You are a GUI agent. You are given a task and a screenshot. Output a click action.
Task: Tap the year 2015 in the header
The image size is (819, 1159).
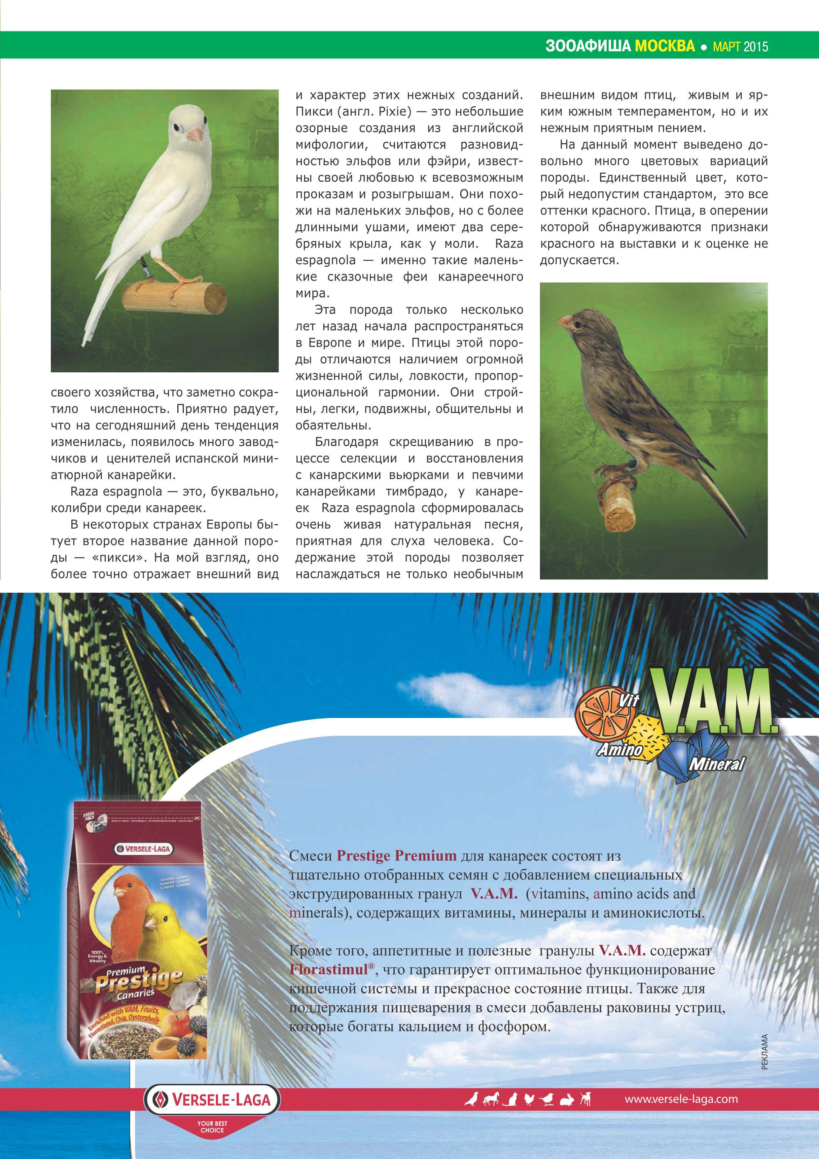755,47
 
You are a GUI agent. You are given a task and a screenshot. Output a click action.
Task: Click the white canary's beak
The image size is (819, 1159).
195,134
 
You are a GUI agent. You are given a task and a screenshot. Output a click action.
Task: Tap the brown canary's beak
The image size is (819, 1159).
564,321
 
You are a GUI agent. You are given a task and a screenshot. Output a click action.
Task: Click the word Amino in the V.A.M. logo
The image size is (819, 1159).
621,750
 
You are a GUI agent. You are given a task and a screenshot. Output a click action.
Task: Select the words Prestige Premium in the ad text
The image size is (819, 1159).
396,855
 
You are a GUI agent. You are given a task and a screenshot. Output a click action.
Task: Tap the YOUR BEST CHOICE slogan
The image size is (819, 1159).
212,1127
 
